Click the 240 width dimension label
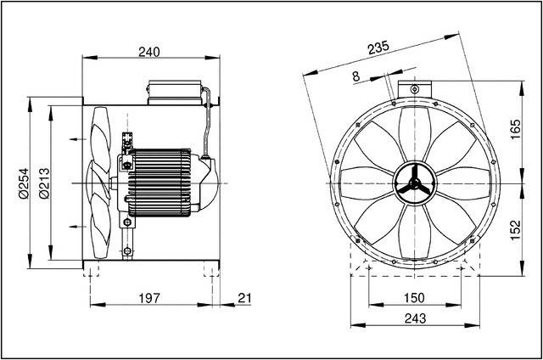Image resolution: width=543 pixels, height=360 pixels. [x=149, y=52]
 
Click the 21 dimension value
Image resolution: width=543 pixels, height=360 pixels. [x=245, y=297]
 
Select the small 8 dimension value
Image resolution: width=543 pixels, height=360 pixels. [x=355, y=76]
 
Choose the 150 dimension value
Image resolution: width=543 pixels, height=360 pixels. [x=413, y=297]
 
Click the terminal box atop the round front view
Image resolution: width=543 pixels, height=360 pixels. [x=413, y=87]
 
